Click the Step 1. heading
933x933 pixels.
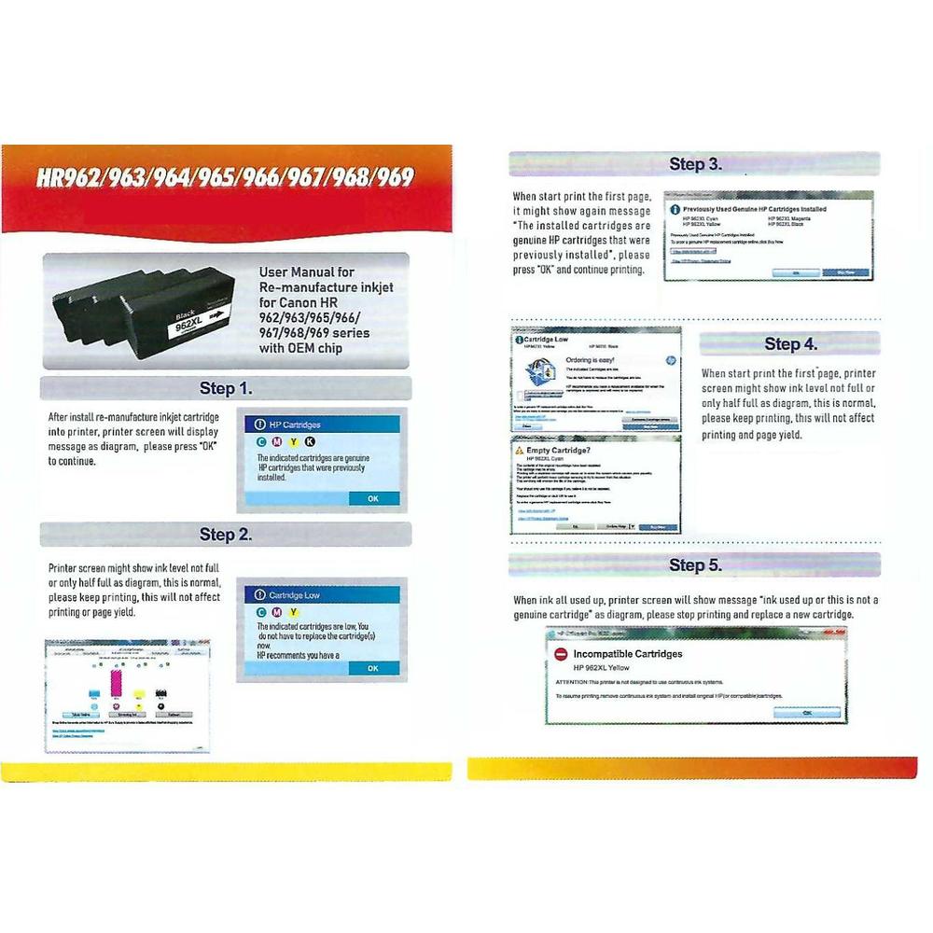[x=226, y=388]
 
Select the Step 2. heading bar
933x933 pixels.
[x=226, y=535]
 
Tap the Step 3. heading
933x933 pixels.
[x=695, y=164]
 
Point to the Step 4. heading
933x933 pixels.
[x=790, y=343]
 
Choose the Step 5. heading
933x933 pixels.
[x=695, y=564]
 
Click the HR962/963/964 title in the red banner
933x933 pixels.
[x=225, y=178]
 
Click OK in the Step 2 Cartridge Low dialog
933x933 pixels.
[x=372, y=668]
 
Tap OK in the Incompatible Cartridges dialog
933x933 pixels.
[x=807, y=712]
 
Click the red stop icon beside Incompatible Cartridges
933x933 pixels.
[x=561, y=655]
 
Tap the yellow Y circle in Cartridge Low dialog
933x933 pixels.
[x=293, y=612]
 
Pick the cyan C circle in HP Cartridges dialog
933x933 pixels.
[x=261, y=441]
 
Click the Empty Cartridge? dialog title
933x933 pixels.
[x=560, y=450]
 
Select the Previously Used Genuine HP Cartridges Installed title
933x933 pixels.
[x=754, y=210]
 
